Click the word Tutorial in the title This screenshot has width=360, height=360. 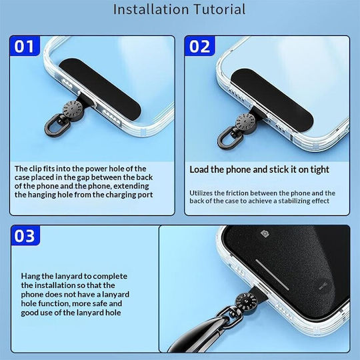tap(220, 9)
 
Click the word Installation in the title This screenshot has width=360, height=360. tap(151, 9)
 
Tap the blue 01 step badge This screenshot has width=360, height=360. tap(25, 46)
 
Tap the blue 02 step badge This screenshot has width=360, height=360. tap(199, 46)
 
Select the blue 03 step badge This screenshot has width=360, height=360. tap(25, 235)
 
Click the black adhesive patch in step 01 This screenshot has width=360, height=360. tap(99, 89)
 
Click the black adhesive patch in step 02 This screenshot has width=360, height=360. tap(272, 100)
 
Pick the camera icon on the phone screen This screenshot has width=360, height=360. tap(265, 233)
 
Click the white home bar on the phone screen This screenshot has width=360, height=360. tap(272, 275)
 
